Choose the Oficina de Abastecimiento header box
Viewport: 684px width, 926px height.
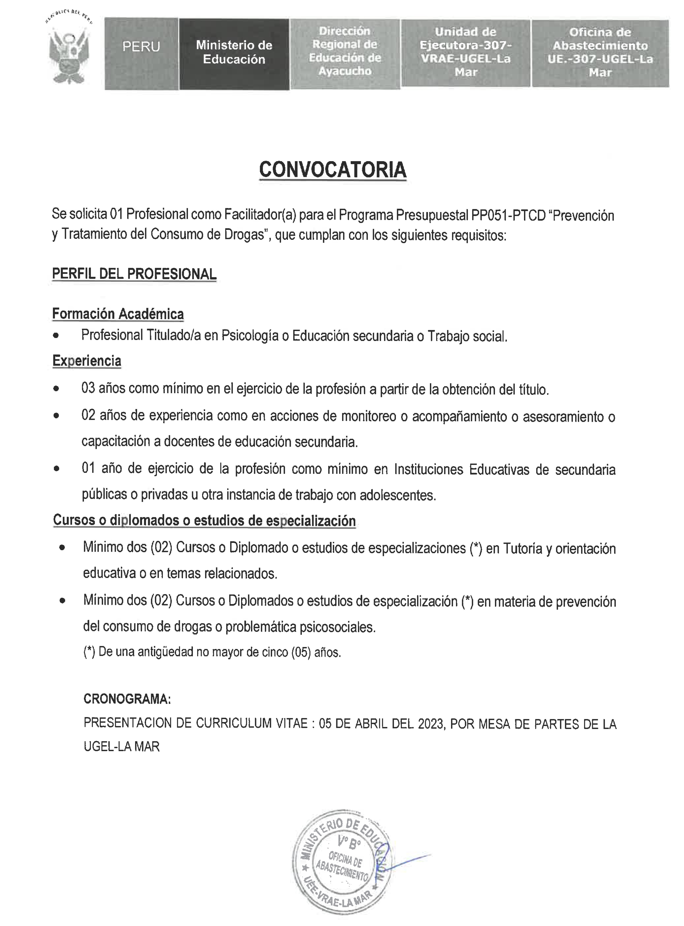pos(600,53)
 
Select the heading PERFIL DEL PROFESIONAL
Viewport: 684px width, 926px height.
pos(134,274)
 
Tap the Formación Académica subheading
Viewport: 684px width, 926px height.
pos(118,314)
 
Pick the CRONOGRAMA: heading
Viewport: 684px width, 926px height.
pos(127,699)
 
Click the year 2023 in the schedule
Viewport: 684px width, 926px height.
pos(431,723)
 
